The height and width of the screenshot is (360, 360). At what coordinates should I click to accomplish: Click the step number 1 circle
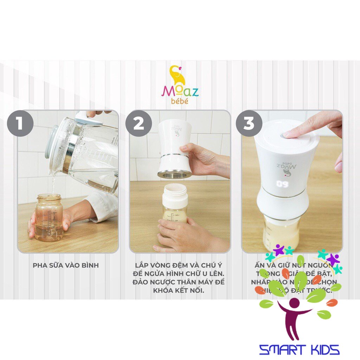[20, 123]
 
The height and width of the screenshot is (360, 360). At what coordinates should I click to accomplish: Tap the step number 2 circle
[139, 123]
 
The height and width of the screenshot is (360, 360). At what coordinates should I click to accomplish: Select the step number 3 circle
[249, 123]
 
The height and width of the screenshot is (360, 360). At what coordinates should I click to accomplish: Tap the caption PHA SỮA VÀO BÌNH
[66, 265]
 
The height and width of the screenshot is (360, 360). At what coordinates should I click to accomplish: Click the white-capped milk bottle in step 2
[175, 207]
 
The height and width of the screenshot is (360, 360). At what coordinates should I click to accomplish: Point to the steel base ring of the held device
[174, 174]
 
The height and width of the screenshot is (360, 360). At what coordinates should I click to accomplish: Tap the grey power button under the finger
[283, 135]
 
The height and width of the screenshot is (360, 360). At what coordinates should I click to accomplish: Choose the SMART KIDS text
[299, 349]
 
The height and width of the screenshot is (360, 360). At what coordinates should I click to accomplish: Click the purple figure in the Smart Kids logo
[294, 316]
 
